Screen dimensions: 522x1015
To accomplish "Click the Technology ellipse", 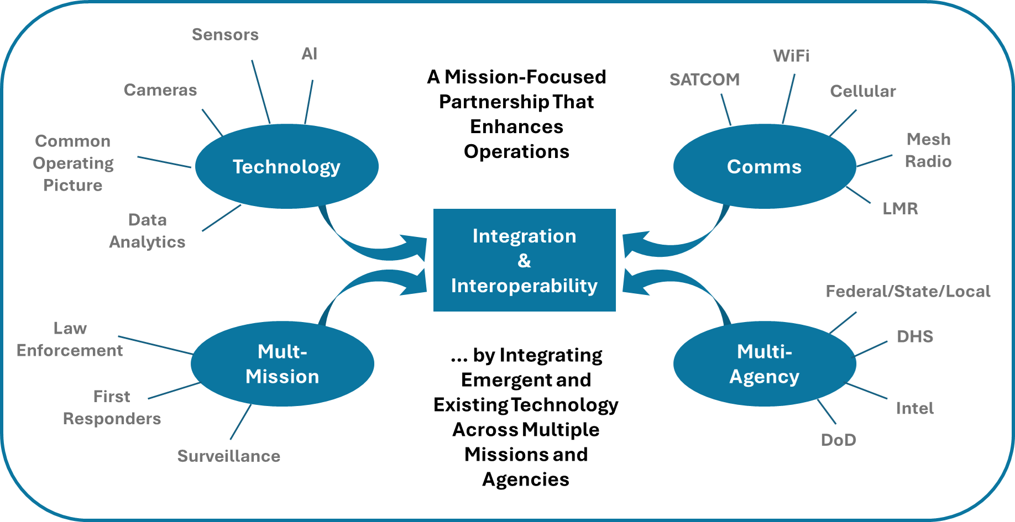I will coord(287,166).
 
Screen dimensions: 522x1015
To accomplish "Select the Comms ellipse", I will coord(764,166).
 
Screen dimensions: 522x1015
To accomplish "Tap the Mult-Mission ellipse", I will coord(282,364).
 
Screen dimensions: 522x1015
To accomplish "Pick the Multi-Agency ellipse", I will coord(764,364).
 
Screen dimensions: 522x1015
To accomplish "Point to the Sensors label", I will coord(226,35).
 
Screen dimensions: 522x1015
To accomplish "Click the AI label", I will coord(310,54).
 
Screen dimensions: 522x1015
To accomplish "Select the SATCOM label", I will coord(705,80).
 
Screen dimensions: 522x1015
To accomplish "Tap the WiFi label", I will coord(791,56).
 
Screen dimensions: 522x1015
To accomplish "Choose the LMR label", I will coord(900,209).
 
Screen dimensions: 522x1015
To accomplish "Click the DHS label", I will coord(915,336).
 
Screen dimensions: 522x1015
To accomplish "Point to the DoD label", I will coord(839,440).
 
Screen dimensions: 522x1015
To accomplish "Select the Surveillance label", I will coord(229,456).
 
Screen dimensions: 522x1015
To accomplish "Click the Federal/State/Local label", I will coord(908,292).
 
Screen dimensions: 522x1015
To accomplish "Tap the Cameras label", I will coord(160,90).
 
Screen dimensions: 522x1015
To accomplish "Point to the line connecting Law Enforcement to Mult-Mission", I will coord(155,345).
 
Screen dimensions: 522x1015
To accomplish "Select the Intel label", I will coord(915,409).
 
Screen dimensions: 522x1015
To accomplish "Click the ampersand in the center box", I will coord(524,261).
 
